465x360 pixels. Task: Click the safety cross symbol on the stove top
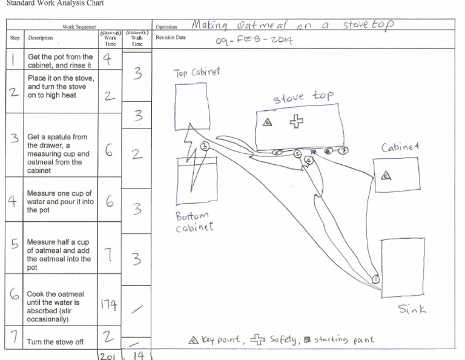pyautogui.click(x=296, y=122)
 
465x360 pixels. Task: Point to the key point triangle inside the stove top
pyautogui.click(x=267, y=122)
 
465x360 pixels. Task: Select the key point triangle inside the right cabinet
pyautogui.click(x=386, y=176)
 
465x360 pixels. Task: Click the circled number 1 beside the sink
pyautogui.click(x=375, y=279)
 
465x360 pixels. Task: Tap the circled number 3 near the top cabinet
pyautogui.click(x=205, y=146)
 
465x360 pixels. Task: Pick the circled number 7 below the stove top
pyautogui.click(x=343, y=151)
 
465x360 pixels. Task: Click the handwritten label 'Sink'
pyautogui.click(x=412, y=309)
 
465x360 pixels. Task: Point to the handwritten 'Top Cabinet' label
pyautogui.click(x=197, y=73)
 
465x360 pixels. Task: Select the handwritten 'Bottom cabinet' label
pyautogui.click(x=193, y=222)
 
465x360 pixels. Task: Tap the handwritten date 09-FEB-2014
pyautogui.click(x=254, y=41)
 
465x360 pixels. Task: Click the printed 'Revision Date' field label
pyautogui.click(x=171, y=38)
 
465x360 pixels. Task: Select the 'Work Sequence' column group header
pyautogui.click(x=79, y=27)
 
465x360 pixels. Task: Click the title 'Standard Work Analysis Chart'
pyautogui.click(x=54, y=4)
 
